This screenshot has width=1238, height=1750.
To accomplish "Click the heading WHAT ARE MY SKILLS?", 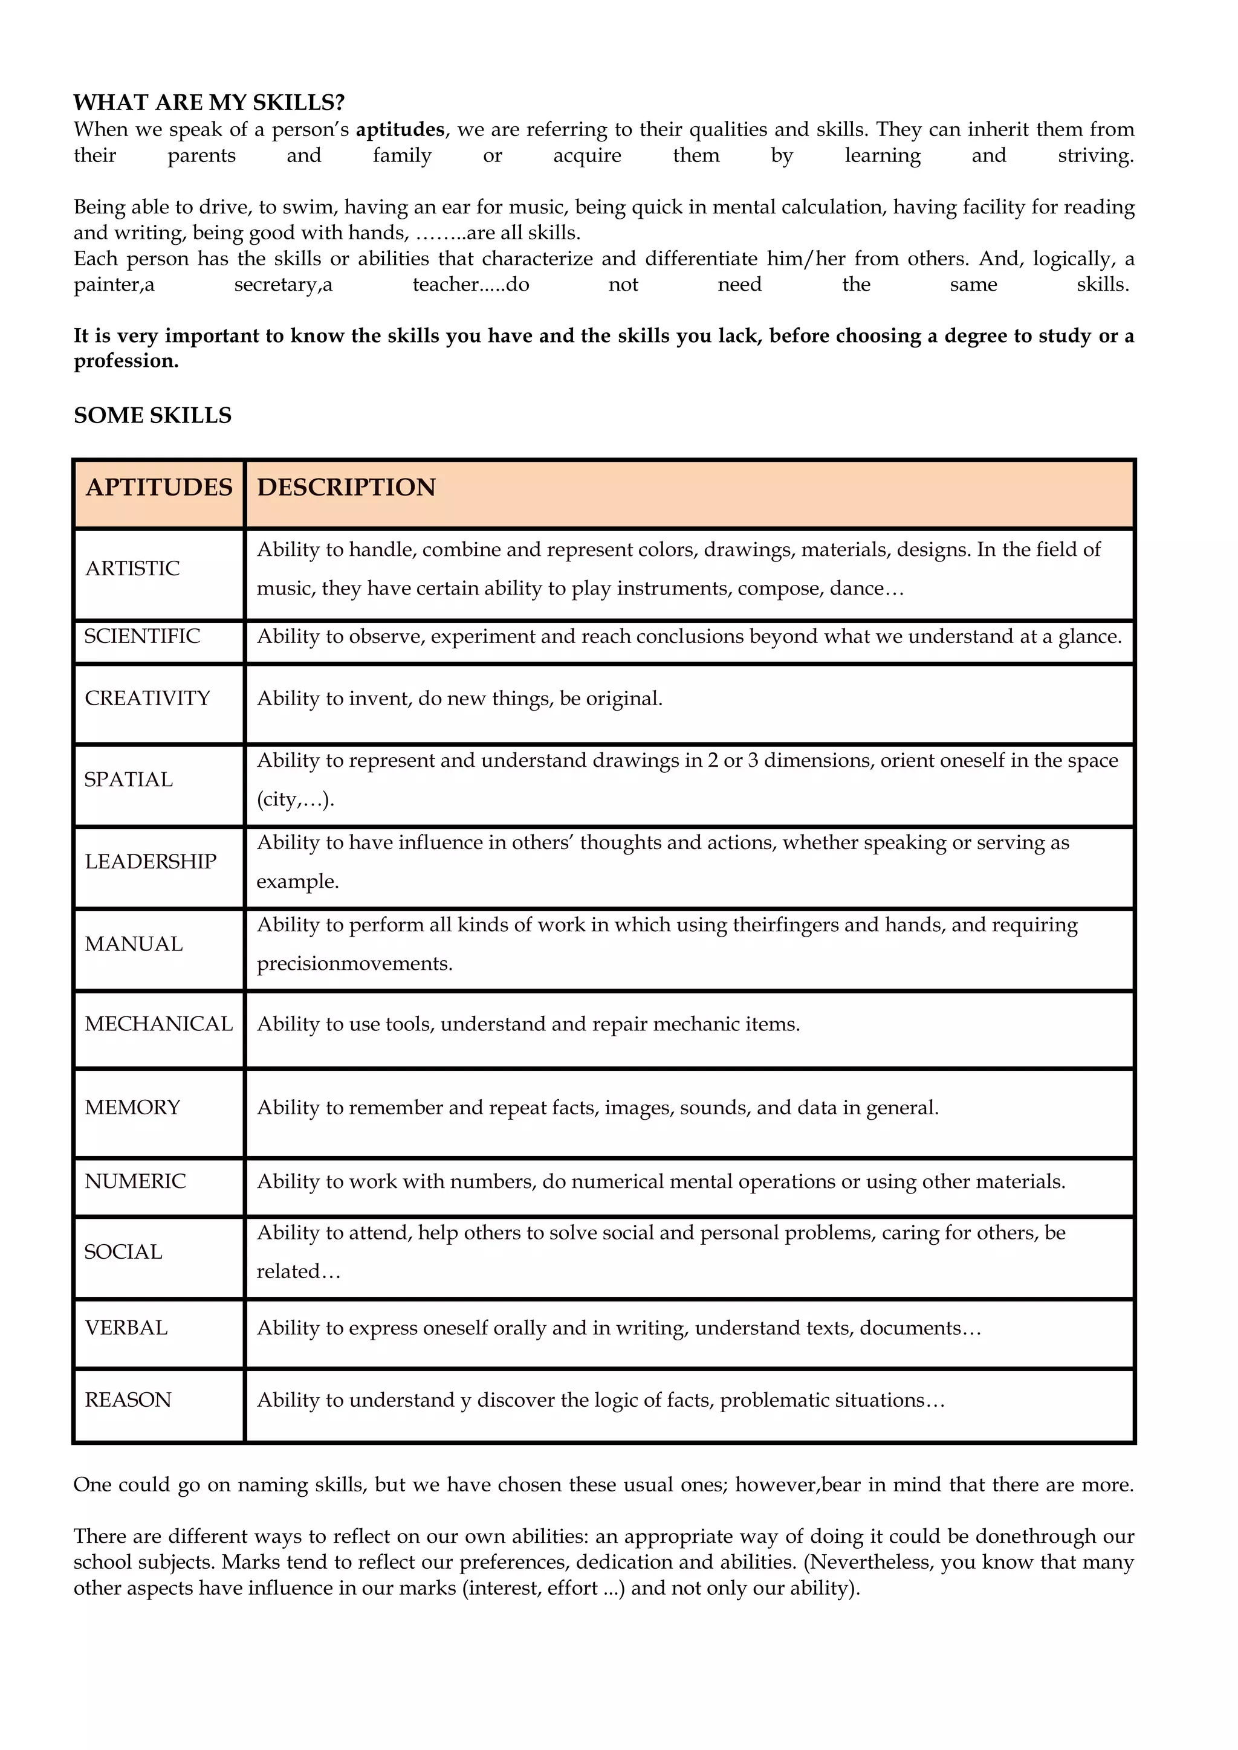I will [209, 102].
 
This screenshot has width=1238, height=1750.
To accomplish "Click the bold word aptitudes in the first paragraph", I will [400, 129].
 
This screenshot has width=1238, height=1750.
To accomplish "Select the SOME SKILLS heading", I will [152, 415].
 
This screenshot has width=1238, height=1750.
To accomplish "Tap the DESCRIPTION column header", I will [346, 487].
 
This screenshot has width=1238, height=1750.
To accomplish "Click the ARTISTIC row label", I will [132, 569].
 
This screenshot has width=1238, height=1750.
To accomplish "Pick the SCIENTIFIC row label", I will [142, 636].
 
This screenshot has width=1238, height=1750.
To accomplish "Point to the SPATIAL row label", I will [128, 780].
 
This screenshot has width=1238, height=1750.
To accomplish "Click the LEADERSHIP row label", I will [150, 862].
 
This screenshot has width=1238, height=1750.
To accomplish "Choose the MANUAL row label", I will [134, 944].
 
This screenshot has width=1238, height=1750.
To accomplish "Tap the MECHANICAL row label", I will [158, 1024].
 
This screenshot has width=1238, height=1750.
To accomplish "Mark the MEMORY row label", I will [132, 1108].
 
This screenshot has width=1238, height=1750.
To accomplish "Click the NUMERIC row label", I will [135, 1181].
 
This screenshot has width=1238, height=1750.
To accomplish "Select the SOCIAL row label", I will [123, 1252].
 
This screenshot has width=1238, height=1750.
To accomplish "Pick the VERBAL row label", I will [126, 1328].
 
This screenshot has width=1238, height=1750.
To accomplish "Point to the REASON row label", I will [128, 1400].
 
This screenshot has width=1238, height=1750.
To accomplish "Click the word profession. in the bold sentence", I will [126, 361].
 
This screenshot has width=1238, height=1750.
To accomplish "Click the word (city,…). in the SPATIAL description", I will [295, 799].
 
